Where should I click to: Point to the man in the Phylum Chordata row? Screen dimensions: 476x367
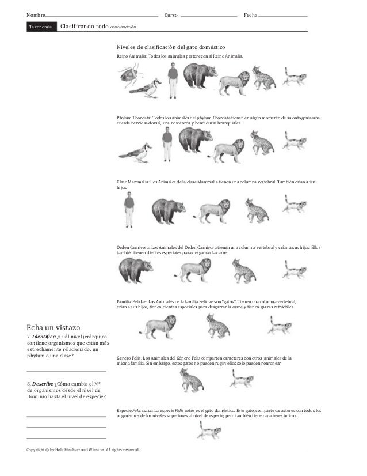click(167, 144)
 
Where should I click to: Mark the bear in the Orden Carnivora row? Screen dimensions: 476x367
click(136, 270)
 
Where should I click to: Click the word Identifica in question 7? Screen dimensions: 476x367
click(47, 336)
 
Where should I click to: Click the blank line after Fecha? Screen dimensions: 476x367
click(283, 16)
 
